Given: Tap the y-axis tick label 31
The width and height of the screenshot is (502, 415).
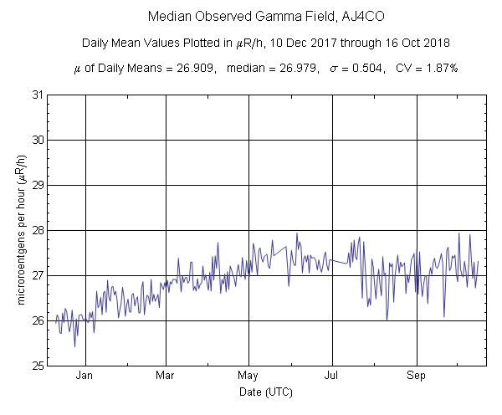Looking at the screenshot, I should (38, 95).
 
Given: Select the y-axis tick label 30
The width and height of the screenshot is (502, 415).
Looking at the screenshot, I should (38, 140).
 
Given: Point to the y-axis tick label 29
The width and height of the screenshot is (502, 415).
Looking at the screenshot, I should (38, 185).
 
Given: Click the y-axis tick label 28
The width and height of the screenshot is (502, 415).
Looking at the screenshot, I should (38, 230).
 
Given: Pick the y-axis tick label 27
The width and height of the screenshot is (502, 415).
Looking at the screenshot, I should (38, 275).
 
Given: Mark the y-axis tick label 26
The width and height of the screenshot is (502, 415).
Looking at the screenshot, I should (38, 320).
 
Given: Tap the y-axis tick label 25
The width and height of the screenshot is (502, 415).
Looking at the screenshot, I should (38, 366).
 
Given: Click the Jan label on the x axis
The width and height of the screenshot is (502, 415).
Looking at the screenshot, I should (85, 376).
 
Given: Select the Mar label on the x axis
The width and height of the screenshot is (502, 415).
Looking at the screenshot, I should (166, 376).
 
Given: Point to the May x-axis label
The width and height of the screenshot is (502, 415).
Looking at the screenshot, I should (248, 376).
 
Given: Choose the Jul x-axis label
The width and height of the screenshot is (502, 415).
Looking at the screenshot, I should (332, 376).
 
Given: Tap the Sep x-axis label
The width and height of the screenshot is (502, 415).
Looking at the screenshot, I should (416, 376).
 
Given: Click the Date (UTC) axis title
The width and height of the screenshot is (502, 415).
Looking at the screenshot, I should (264, 392).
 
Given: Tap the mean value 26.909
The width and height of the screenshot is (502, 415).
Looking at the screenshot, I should (183, 67).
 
